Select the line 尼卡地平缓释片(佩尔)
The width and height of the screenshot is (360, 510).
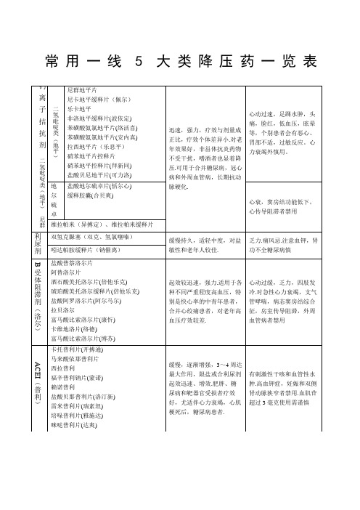click(97, 97)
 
